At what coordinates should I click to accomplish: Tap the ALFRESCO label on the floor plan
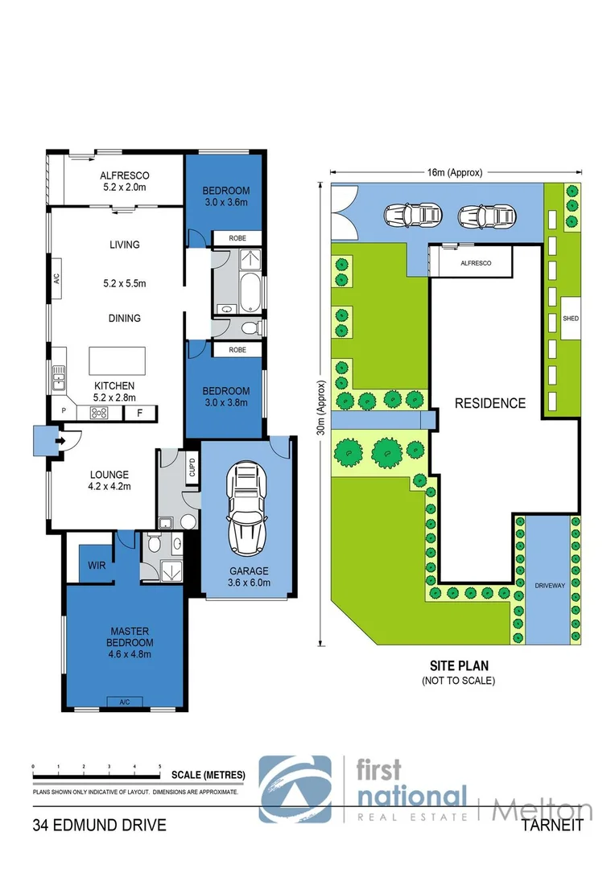tap(124, 175)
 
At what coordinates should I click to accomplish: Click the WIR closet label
tap(97, 566)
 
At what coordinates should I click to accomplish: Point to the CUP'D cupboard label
tap(192, 468)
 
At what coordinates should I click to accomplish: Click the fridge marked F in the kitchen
tap(140, 413)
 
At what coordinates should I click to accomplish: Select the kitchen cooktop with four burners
tap(101, 413)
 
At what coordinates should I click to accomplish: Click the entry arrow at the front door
tap(60, 440)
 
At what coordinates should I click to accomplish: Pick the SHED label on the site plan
tap(572, 319)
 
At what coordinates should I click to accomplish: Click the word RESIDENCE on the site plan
tap(490, 403)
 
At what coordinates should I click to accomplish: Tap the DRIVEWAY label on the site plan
tap(551, 585)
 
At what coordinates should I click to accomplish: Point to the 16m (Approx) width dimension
tap(456, 172)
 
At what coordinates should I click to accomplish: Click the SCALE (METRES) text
tap(208, 775)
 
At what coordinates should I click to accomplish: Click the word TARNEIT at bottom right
tap(551, 826)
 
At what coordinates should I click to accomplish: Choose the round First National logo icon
tap(295, 789)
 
